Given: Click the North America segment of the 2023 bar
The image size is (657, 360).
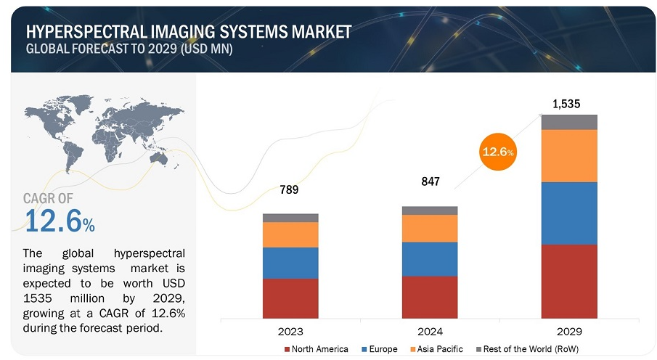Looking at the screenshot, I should (x=290, y=298).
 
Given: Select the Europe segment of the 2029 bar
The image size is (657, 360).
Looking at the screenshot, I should (x=569, y=213).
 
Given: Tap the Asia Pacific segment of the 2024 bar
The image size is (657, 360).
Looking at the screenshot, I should (x=430, y=228).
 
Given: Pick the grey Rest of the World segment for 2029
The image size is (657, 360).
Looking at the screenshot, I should (x=569, y=122).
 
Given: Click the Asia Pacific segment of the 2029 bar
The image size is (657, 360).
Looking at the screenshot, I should (x=569, y=155).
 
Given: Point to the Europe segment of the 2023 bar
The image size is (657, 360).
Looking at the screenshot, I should (x=290, y=263).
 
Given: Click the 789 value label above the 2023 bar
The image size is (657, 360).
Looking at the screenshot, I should (x=290, y=190).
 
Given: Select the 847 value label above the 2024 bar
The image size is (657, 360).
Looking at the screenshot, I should (x=430, y=181).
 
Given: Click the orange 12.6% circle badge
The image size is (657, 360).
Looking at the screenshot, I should (x=498, y=151).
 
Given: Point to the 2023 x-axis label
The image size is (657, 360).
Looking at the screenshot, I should (x=290, y=332).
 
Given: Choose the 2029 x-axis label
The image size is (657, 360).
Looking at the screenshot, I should (x=569, y=332).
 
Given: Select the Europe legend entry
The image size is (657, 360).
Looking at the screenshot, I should (x=380, y=349).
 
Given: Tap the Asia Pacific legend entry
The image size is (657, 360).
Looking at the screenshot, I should (x=436, y=349).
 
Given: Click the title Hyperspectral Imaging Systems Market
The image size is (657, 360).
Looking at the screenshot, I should (x=188, y=32).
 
